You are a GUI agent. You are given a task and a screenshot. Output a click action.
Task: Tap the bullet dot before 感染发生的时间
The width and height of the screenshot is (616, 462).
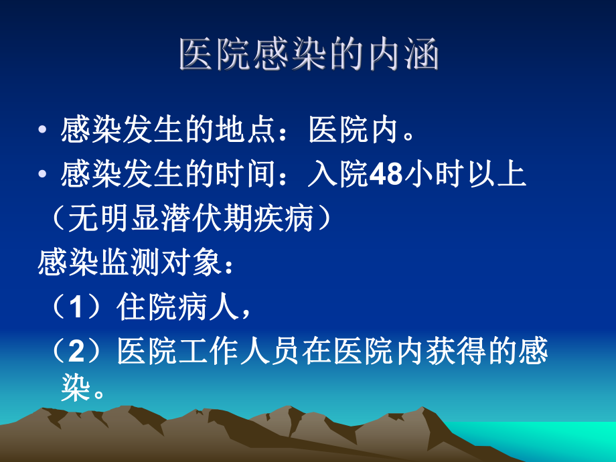43,176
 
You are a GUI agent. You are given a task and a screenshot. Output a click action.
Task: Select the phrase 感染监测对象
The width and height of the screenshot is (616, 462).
131,263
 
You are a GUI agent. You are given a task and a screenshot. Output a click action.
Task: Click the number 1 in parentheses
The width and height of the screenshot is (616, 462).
75,307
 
